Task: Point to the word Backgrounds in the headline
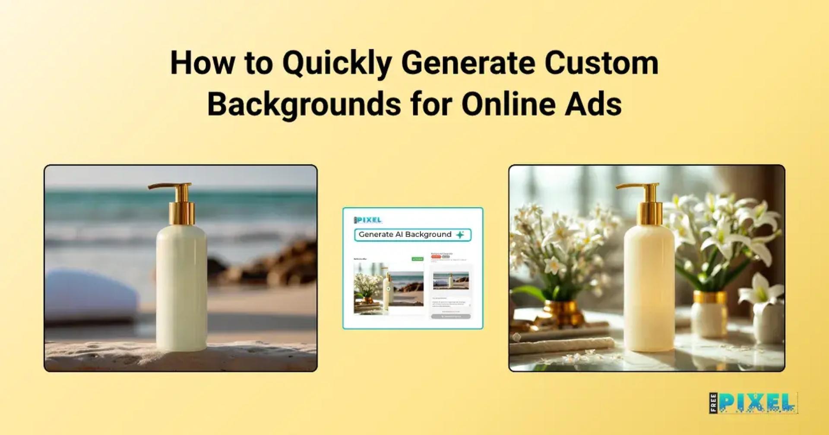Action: [x=304, y=104]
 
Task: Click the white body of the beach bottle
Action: [x=181, y=285]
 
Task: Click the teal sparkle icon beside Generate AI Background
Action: [x=460, y=235]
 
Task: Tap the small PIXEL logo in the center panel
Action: [x=368, y=220]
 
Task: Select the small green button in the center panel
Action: [x=418, y=259]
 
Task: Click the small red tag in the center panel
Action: [x=436, y=257]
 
